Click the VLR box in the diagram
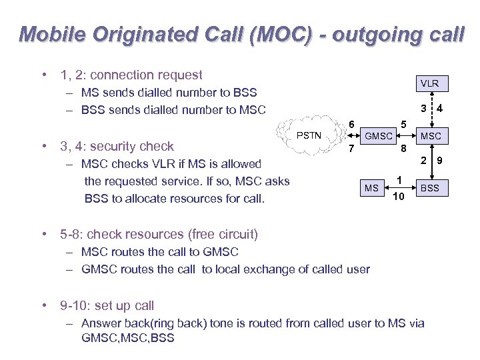pyautogui.click(x=429, y=83)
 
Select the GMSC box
pyautogui.click(x=379, y=136)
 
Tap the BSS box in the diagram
pyautogui.click(x=430, y=188)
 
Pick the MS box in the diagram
pyautogui.click(x=371, y=188)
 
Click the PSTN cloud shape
pyautogui.click(x=309, y=135)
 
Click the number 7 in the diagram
pyautogui.click(x=351, y=148)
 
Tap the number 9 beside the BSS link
pyautogui.click(x=439, y=160)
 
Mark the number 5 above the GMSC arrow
pyautogui.click(x=403, y=123)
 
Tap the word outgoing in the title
pyautogui.click(x=376, y=34)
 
